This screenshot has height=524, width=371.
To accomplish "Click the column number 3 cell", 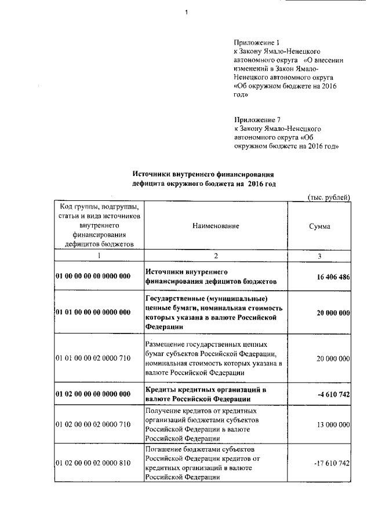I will click(319, 255).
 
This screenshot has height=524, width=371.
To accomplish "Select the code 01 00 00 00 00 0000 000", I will click(93, 277).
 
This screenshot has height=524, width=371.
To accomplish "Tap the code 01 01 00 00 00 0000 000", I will click(93, 313).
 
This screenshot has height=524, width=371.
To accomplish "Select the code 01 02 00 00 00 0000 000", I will click(93, 395).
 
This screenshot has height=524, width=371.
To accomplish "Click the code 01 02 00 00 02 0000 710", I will click(93, 426).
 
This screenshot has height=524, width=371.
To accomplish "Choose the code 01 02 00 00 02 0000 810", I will click(93, 464).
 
